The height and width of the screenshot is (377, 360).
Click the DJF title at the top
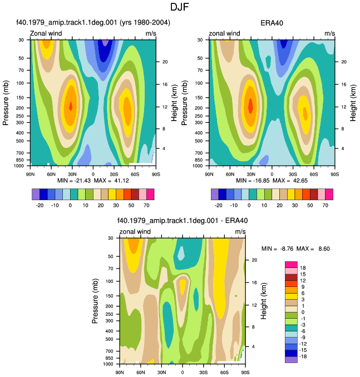point(180,7)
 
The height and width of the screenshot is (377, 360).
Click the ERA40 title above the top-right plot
point(272,23)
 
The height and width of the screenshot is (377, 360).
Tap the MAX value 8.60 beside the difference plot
point(324,249)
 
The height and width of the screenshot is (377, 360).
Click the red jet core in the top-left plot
point(71,106)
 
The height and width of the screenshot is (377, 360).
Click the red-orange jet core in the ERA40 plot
point(250,106)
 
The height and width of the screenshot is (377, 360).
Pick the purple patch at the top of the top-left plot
point(105,43)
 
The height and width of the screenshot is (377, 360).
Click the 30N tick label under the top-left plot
point(72,174)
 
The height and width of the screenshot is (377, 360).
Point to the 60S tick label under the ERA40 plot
point(314,174)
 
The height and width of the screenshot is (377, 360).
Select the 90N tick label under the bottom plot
point(120,373)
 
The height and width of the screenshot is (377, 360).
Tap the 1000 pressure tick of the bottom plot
point(109,364)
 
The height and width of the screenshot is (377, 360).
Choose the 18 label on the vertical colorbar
point(303,268)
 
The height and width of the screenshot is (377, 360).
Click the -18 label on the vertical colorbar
point(303,356)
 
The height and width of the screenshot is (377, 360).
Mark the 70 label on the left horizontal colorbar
point(146,205)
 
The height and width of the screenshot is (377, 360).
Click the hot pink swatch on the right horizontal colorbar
point(329,194)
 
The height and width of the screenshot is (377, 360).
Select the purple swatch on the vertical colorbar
point(291,360)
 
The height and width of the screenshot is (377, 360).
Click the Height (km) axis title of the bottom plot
point(264,301)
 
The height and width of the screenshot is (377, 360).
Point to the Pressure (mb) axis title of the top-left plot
point(6,103)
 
